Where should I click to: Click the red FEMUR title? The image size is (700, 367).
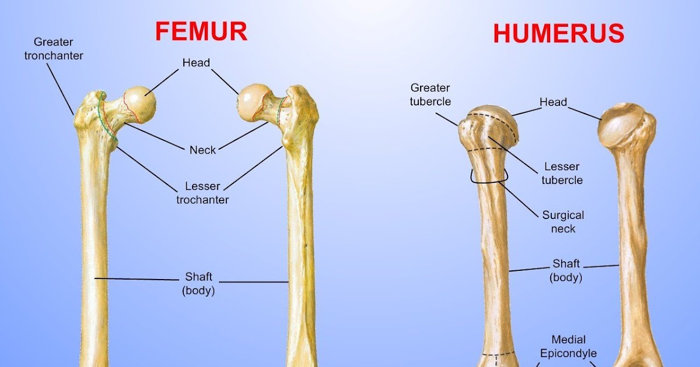201,31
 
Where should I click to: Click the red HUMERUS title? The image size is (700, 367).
558,34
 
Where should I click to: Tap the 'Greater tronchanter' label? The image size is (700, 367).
54,49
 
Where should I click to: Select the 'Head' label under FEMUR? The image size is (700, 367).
196,63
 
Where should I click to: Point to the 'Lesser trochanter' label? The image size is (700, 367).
202,193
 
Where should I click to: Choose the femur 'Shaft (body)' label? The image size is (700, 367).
198,283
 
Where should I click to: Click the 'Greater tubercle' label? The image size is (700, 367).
430,94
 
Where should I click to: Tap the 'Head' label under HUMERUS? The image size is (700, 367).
553,103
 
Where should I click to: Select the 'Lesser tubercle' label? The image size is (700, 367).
562,174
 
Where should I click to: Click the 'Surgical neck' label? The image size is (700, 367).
563,221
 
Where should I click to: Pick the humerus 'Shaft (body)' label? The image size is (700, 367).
565,270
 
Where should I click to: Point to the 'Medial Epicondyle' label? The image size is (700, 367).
568,346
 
